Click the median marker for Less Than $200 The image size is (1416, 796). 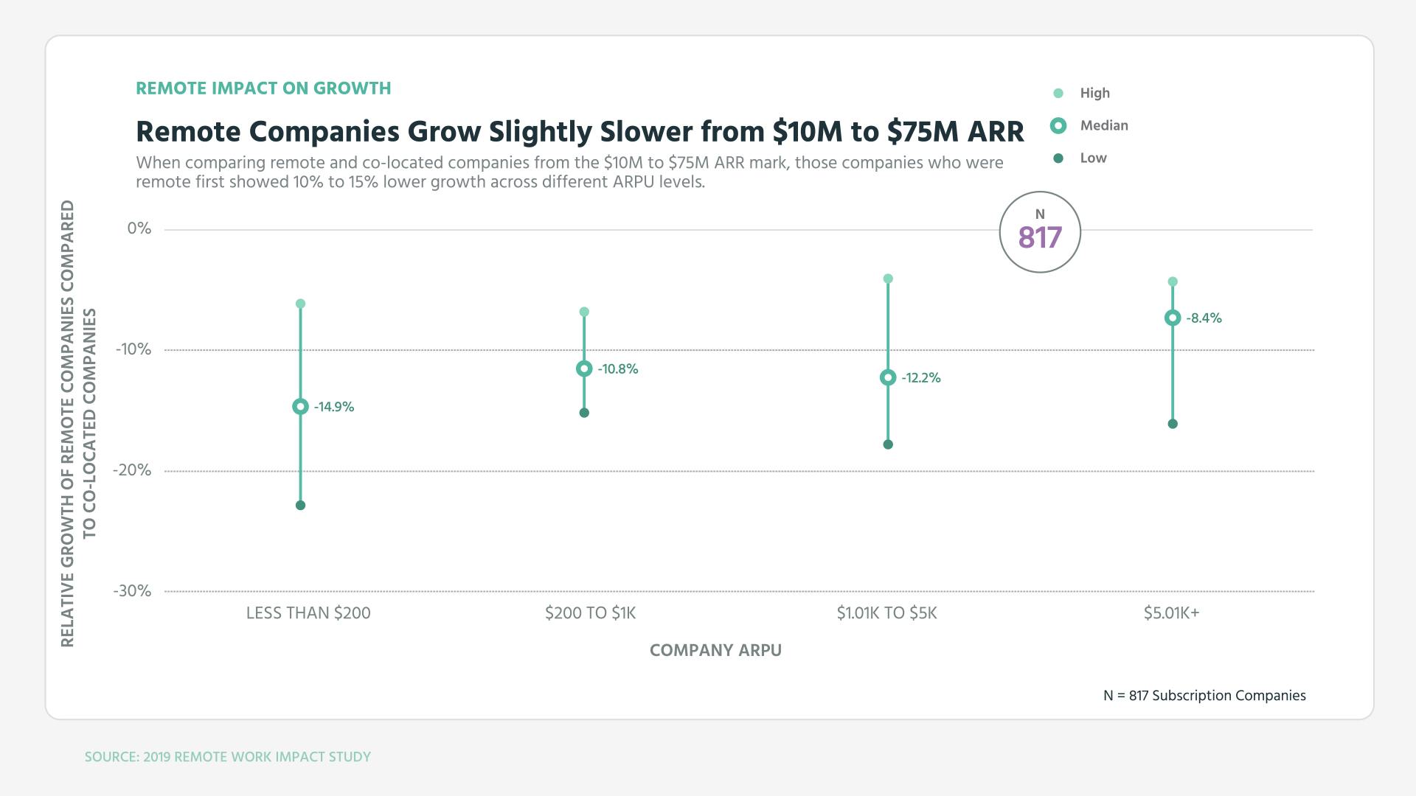coord(300,406)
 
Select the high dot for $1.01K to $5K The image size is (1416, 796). coord(888,279)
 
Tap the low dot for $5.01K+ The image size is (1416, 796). coord(1173,424)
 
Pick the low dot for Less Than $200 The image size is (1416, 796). coord(300,506)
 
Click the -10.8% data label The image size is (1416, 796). coord(617,369)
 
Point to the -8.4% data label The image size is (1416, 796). coord(1204,318)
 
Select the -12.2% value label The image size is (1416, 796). coord(920,378)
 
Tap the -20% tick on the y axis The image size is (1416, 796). coord(132,470)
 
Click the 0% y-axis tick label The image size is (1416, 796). coord(139,228)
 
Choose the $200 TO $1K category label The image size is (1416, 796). coord(590,613)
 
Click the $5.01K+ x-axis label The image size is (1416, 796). coord(1171,613)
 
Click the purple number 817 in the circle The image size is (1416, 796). coord(1040,238)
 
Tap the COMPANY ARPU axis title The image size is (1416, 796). coord(715,650)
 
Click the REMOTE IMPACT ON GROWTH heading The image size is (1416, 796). coord(263,88)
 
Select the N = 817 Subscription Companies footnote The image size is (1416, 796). coord(1204,696)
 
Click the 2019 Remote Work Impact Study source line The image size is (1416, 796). coord(228,757)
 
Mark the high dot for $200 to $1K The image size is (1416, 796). coord(584,312)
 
